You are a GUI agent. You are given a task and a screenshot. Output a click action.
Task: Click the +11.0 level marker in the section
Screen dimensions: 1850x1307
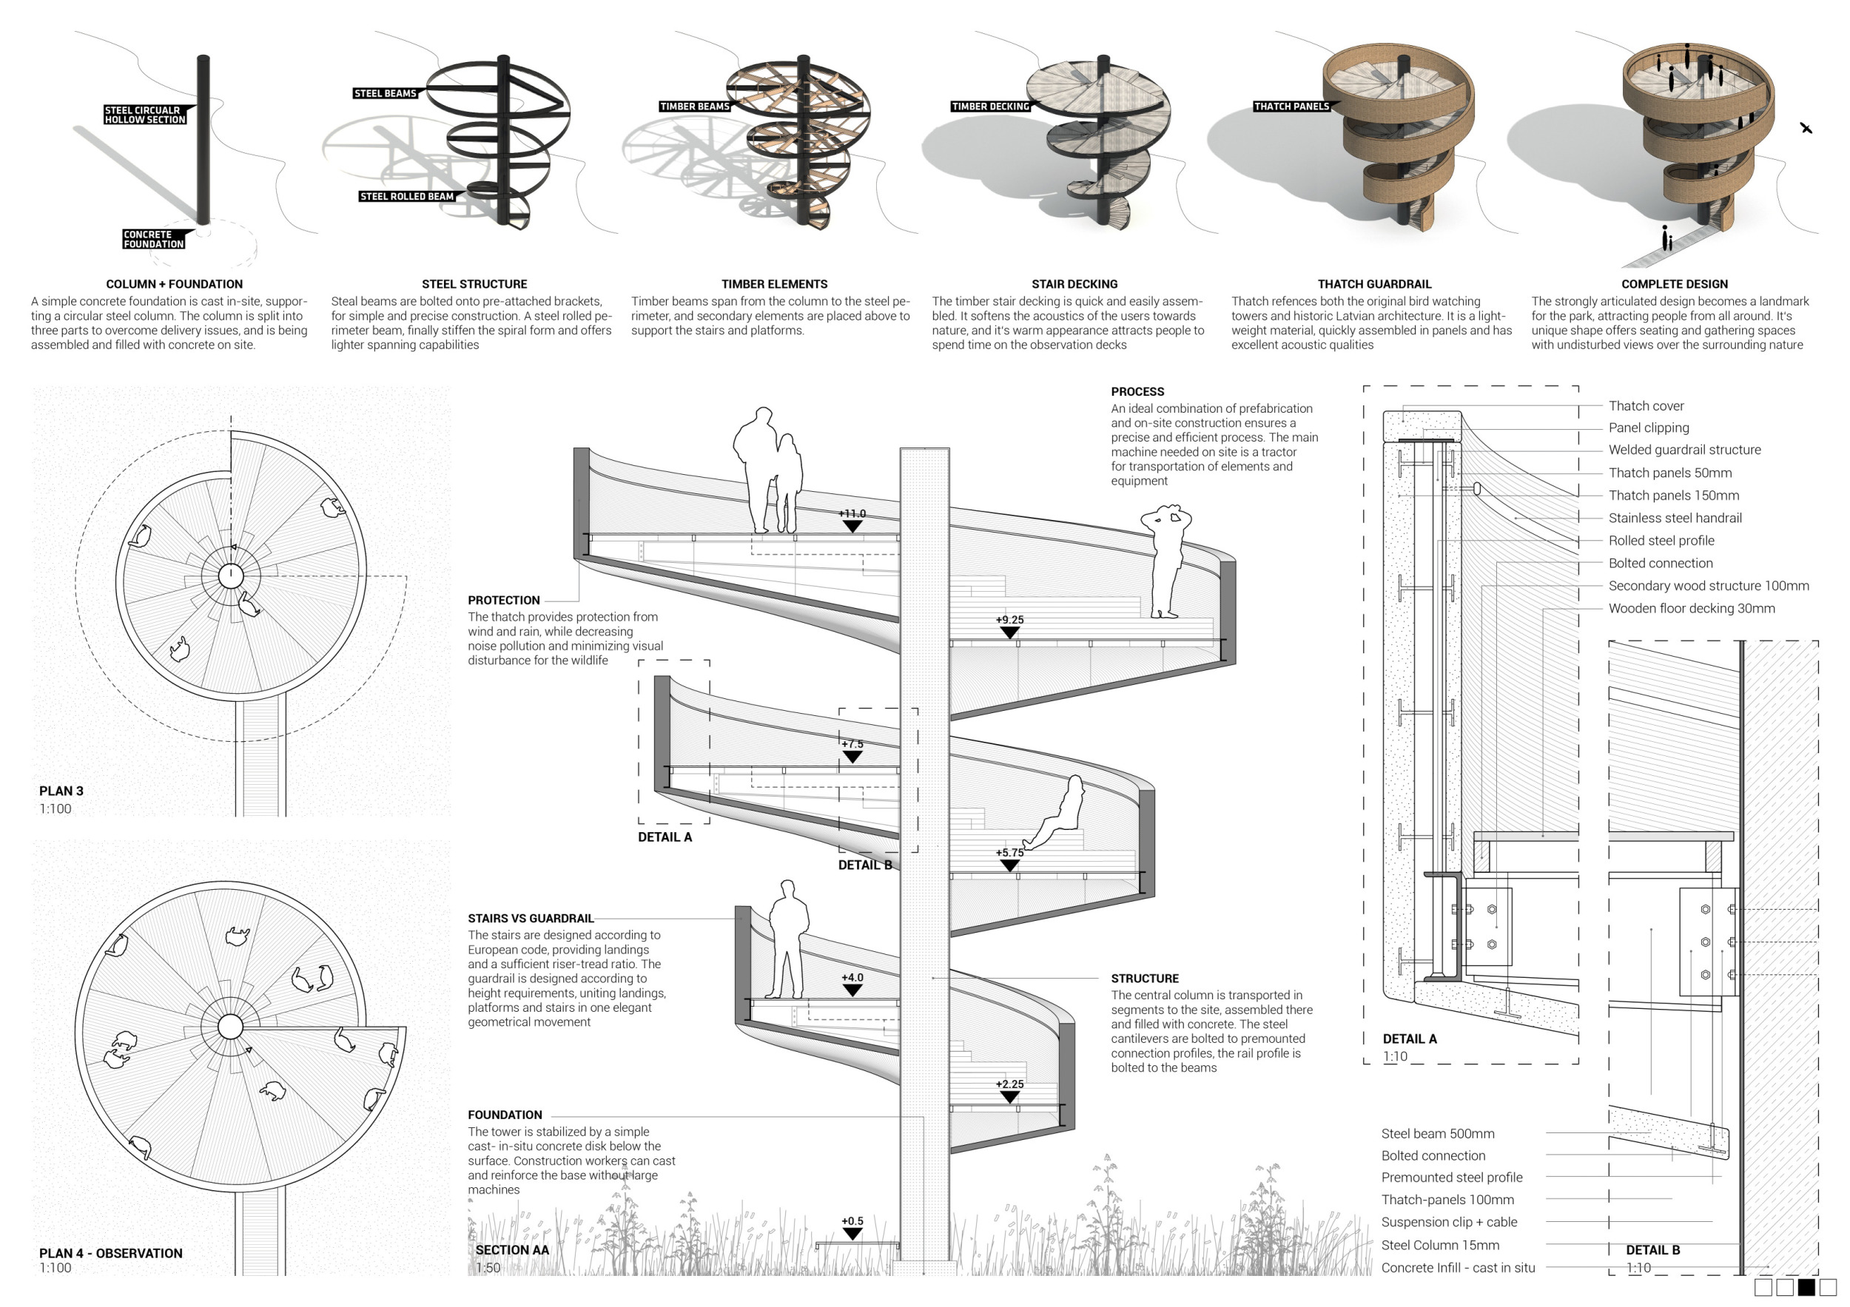(x=852, y=520)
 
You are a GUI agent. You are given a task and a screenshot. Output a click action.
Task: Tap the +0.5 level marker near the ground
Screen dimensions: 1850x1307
(x=852, y=1227)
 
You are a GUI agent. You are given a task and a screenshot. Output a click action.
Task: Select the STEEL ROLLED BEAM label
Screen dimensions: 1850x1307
(x=407, y=197)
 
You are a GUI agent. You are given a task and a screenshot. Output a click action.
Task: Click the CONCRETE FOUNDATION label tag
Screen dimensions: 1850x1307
(x=154, y=239)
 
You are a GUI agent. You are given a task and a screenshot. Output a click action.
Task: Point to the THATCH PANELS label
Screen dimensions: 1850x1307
(x=1291, y=107)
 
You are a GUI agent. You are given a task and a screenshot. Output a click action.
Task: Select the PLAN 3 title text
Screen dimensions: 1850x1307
(x=61, y=791)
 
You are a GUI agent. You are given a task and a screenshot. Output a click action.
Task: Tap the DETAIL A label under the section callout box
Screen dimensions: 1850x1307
(x=665, y=837)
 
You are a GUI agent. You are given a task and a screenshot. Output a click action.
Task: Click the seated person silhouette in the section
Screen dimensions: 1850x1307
(x=1055, y=811)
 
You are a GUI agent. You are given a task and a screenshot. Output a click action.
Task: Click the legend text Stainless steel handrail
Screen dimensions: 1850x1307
(x=1675, y=518)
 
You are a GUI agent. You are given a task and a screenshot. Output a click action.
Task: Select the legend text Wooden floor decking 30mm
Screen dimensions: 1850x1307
(x=1691, y=608)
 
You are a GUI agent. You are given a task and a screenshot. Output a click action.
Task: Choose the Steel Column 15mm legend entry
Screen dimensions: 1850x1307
(x=1440, y=1245)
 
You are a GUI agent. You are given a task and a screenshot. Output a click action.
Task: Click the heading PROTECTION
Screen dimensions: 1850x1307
(x=504, y=600)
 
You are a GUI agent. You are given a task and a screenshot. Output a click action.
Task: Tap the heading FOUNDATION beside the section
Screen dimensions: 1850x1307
(x=505, y=1115)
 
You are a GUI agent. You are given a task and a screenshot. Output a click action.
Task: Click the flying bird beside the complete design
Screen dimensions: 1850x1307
(x=1806, y=127)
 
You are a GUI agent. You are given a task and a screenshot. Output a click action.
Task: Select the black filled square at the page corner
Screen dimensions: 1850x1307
(x=1806, y=1288)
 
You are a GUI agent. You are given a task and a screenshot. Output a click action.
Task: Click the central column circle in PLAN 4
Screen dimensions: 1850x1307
(x=230, y=1027)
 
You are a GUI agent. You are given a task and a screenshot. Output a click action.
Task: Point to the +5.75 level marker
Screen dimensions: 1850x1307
(x=1009, y=859)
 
